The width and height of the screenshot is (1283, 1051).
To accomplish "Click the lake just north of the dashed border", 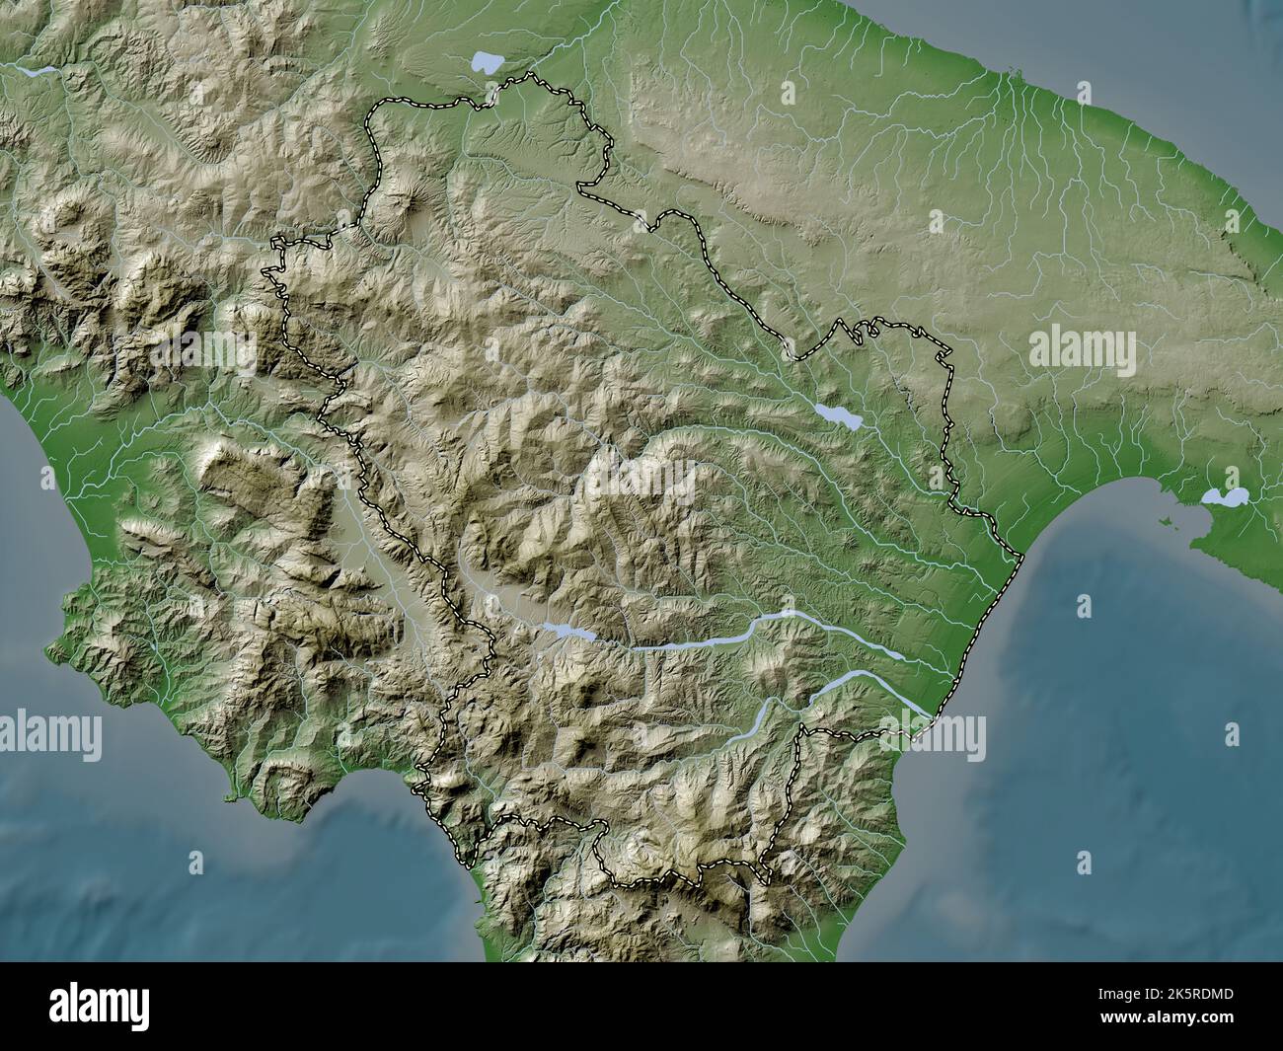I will coord(487,63).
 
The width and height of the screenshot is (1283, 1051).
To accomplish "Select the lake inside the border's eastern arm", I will coord(838,415).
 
